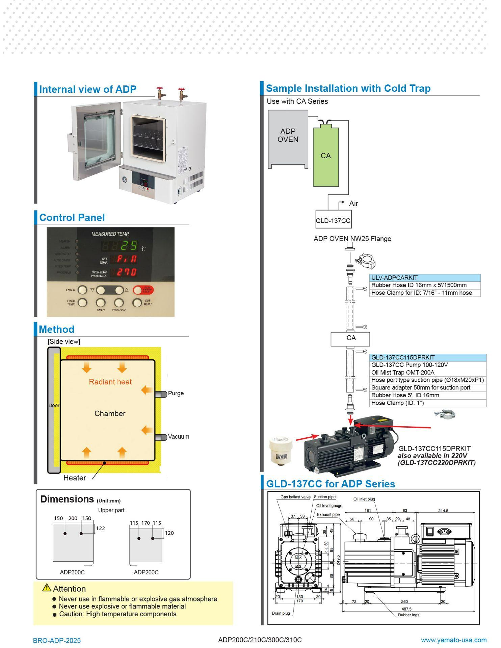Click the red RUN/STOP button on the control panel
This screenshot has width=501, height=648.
[143, 290]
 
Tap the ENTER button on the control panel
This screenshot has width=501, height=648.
[82, 290]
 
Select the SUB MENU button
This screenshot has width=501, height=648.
[137, 303]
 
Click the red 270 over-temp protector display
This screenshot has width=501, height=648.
[127, 272]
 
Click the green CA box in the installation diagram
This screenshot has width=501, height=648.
[326, 157]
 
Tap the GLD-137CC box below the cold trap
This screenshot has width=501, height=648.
[333, 221]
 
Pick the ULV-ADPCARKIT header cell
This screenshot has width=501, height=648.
[424, 278]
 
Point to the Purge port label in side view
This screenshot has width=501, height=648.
[176, 393]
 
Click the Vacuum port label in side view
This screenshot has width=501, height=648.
[178, 437]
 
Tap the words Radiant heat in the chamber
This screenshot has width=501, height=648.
[110, 382]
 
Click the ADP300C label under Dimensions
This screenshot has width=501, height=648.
[72, 572]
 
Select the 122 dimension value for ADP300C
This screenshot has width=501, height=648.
[100, 529]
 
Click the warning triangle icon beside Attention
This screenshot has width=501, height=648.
[47, 588]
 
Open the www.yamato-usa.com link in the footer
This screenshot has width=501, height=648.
[453, 640]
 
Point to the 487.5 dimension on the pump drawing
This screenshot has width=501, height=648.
[406, 609]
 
